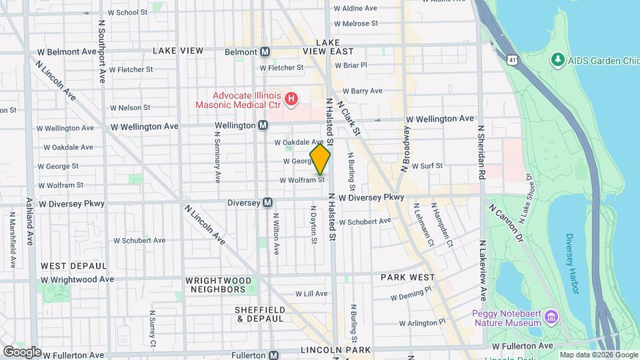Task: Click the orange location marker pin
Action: click(320, 159)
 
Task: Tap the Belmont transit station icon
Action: click(265, 52)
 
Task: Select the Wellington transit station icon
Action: click(263, 125)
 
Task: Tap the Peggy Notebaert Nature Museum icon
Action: click(551, 315)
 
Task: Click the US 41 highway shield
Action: click(511, 61)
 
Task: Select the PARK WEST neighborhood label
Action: click(407, 277)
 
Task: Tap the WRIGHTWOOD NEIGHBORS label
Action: click(209, 285)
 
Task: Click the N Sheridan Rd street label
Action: click(480, 151)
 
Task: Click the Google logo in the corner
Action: click(22, 351)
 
